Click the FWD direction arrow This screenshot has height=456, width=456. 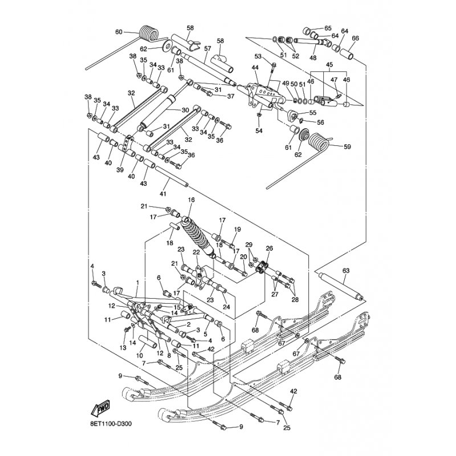(x=100, y=409)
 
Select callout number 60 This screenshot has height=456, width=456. (x=119, y=32)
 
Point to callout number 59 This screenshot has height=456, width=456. (x=348, y=146)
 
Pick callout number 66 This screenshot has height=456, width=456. (x=355, y=39)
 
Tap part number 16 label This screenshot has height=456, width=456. (x=191, y=200)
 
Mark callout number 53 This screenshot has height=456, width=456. (x=258, y=56)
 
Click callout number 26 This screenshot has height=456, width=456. (x=270, y=249)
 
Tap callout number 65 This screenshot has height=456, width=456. (x=328, y=28)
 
